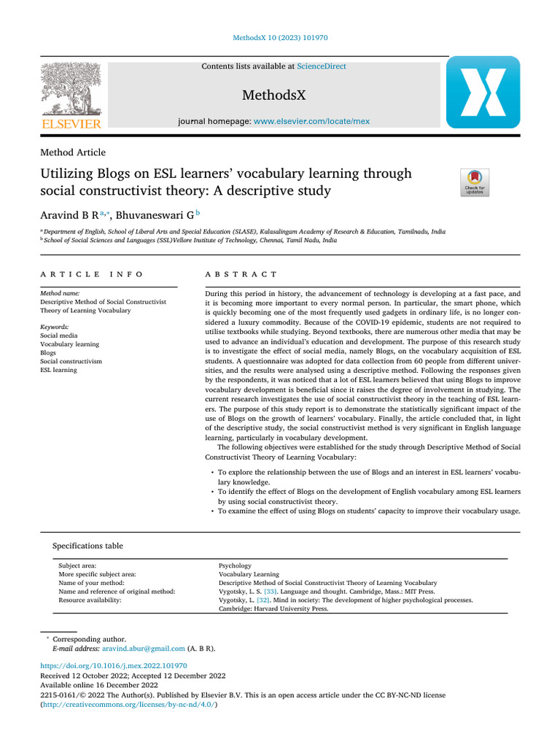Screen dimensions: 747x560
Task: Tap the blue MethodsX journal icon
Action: coord(483,92)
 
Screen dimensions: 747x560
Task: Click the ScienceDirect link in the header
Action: coord(322,66)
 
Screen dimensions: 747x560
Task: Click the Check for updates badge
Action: coord(474,182)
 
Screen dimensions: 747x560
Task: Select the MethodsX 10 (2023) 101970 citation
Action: coord(279,37)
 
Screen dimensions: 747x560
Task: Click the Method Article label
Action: coord(72,152)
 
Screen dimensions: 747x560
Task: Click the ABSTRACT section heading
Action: coord(241,274)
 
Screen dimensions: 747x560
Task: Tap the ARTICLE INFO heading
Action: coord(92,274)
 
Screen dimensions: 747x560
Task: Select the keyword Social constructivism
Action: coord(71,361)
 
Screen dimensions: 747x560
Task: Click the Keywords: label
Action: coord(55,327)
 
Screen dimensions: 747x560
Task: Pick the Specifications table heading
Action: coord(87,546)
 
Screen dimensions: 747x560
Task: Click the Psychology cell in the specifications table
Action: coord(235,565)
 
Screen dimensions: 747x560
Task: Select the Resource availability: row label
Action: coord(90,600)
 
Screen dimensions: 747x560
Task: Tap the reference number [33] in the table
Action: coord(270,592)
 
